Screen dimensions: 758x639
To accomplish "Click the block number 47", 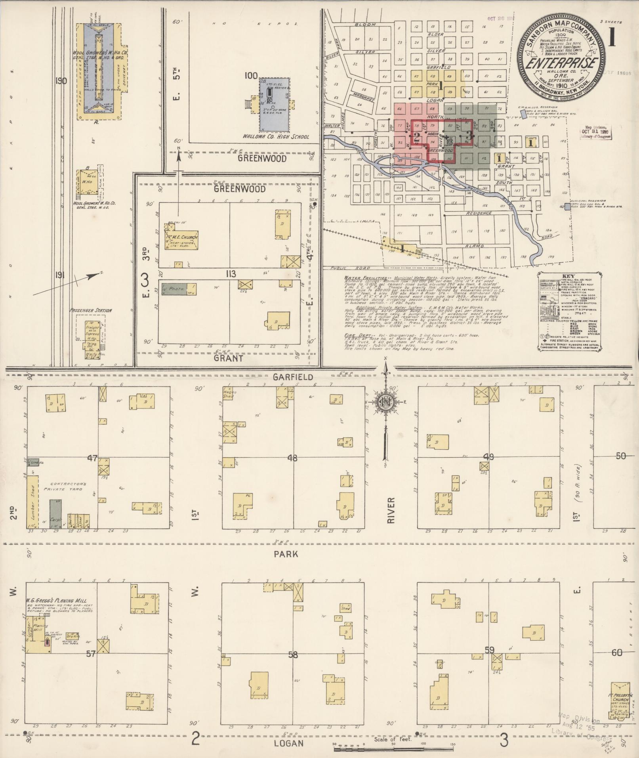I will [x=92, y=458].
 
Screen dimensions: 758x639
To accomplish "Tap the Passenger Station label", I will [x=90, y=310].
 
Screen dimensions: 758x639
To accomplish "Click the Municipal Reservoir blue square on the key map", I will [x=567, y=206].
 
